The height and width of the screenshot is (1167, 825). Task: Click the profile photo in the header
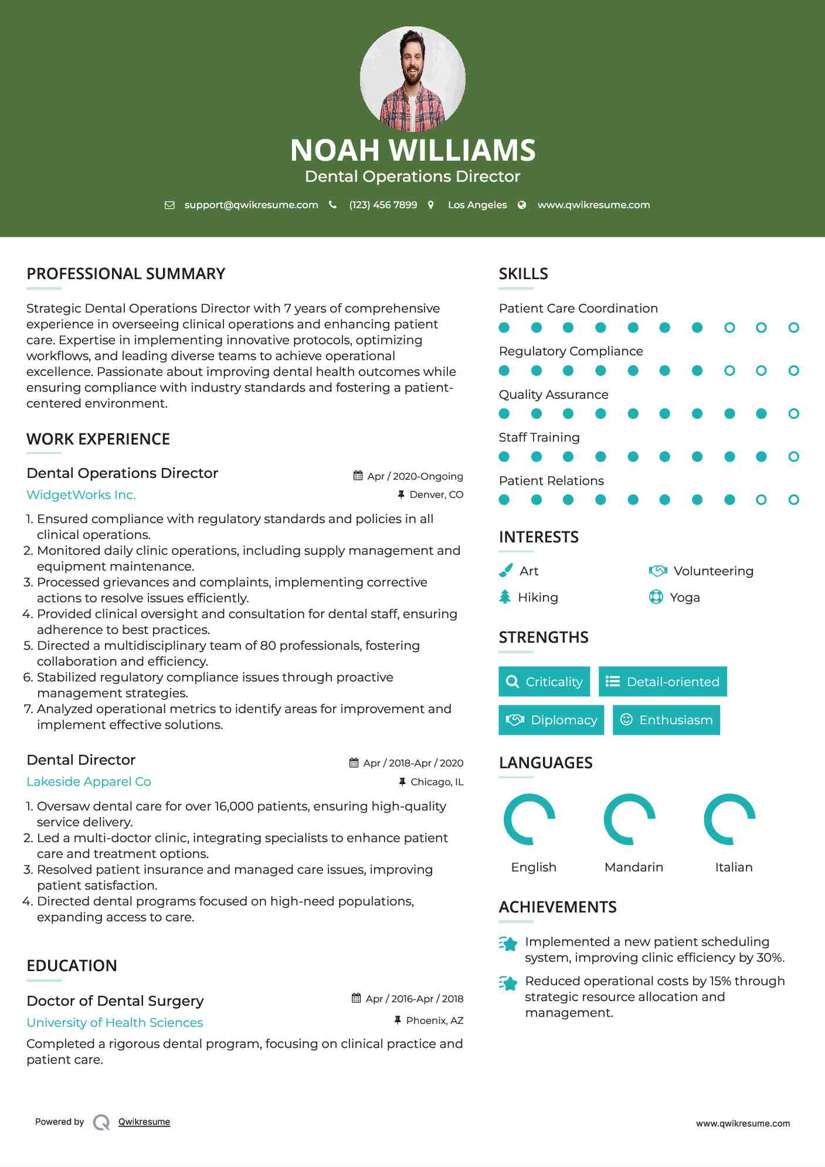(x=412, y=79)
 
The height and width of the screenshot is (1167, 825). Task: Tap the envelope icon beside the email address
(x=169, y=205)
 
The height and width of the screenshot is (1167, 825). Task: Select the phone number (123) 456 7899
(x=383, y=205)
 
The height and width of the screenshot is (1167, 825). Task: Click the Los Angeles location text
(x=477, y=205)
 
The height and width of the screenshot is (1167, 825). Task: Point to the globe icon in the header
(x=522, y=205)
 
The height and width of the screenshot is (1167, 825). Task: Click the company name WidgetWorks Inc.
(x=81, y=495)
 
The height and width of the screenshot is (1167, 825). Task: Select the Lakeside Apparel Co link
(x=89, y=782)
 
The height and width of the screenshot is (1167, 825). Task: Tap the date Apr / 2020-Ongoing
(x=415, y=476)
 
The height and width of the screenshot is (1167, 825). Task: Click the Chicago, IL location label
(x=437, y=782)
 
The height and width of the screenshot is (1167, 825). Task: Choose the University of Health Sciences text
(x=114, y=1023)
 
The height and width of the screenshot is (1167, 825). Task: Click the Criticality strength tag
(x=544, y=681)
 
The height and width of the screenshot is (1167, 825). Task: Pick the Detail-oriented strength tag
(x=663, y=681)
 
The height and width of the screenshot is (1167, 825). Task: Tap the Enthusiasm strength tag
(x=666, y=720)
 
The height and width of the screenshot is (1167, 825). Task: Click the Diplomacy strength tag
(x=551, y=720)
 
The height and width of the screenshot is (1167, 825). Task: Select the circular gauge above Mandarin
(x=630, y=819)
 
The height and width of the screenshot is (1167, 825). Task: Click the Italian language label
(x=734, y=867)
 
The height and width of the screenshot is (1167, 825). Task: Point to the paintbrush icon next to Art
(x=505, y=571)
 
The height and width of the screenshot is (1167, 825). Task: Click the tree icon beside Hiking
(x=505, y=597)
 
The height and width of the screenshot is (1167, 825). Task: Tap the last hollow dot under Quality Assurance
(x=793, y=414)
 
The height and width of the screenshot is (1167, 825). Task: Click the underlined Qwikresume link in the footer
(x=144, y=1122)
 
